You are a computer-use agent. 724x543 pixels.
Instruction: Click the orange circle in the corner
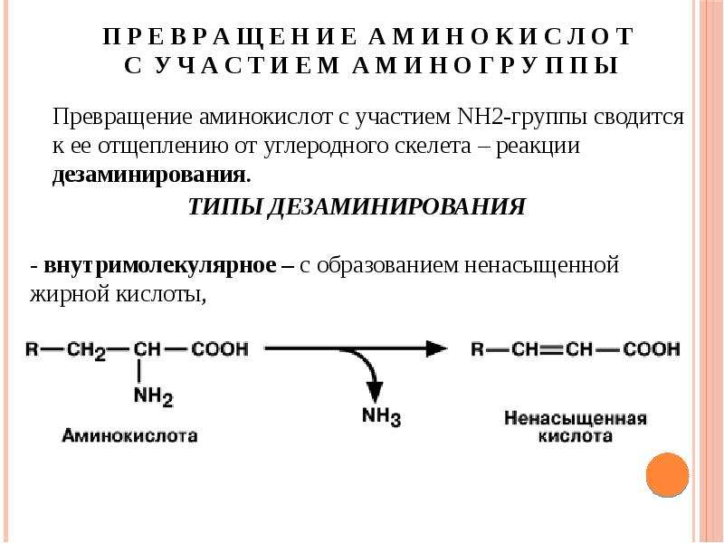click(x=667, y=475)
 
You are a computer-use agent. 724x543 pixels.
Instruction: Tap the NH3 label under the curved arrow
click(x=381, y=416)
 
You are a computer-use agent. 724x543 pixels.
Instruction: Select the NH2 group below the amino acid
click(x=153, y=396)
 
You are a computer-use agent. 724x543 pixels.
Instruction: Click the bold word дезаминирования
click(x=148, y=176)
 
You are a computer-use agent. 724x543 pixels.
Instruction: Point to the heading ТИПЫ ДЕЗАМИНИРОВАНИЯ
click(x=357, y=207)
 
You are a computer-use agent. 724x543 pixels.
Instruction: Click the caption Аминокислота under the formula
click(x=129, y=435)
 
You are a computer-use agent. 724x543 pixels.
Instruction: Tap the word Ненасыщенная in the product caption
click(x=576, y=418)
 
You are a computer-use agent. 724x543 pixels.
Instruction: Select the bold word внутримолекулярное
click(x=160, y=266)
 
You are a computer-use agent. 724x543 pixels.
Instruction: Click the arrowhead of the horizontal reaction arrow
click(x=436, y=348)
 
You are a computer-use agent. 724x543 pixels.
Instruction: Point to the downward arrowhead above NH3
click(x=375, y=392)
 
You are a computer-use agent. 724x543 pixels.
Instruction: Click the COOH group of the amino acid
click(x=220, y=348)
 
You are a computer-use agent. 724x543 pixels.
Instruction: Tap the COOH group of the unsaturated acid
click(x=651, y=348)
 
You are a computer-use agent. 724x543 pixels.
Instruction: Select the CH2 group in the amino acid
click(x=86, y=350)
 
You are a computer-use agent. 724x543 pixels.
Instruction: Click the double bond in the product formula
click(x=552, y=349)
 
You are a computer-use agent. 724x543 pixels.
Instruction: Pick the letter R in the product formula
click(x=477, y=348)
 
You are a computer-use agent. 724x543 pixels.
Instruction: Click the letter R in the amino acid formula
click(x=32, y=348)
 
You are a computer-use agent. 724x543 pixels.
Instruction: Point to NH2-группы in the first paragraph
click(x=521, y=117)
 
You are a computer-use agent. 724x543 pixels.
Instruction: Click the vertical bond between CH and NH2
click(x=140, y=372)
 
